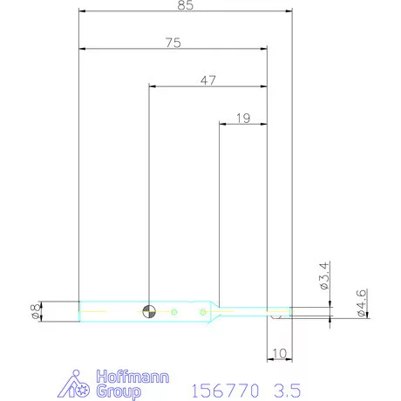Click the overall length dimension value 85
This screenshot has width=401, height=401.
pos(186,5)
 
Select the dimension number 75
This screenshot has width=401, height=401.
pos(173,43)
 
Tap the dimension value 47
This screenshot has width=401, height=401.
pos(208,80)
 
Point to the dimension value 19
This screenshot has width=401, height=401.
pos(243,119)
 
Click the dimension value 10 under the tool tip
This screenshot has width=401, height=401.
pos(279,353)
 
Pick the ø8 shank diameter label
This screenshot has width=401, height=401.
pos(36,311)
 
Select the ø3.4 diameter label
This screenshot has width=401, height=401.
pos(324,275)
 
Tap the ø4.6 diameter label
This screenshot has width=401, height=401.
pos(361,302)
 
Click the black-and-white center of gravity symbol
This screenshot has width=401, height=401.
pos(149,311)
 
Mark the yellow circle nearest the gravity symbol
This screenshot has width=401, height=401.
pos(174,312)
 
